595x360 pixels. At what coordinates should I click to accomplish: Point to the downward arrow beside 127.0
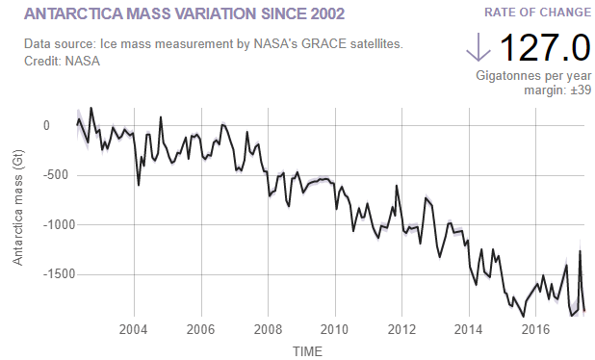478,47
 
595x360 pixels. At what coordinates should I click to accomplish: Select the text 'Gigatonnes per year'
533,75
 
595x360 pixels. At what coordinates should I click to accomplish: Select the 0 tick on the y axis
46,125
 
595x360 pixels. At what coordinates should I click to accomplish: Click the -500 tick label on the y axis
39,175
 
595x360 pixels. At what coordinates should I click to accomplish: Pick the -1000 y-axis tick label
35,225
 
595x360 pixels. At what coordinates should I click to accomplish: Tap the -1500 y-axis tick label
35,274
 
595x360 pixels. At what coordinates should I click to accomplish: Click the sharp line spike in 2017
580,251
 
